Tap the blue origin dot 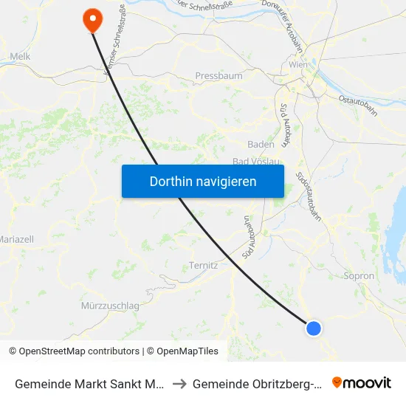[x=314, y=328]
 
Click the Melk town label [x=19, y=56]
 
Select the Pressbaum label [x=213, y=75]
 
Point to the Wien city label [x=297, y=65]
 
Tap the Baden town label [x=261, y=145]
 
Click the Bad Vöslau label [x=256, y=162]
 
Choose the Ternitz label [x=202, y=266]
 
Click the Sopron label [x=359, y=276]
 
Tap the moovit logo [x=362, y=382]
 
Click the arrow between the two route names [x=180, y=383]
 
